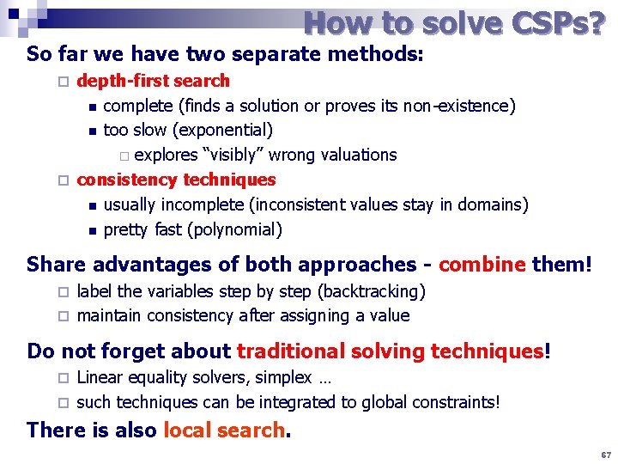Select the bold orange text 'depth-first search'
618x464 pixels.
(154, 81)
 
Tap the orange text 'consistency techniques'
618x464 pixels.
(176, 180)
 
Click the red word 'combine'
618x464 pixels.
(482, 264)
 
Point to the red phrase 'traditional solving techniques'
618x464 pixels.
(391, 351)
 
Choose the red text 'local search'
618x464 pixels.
(224, 430)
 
